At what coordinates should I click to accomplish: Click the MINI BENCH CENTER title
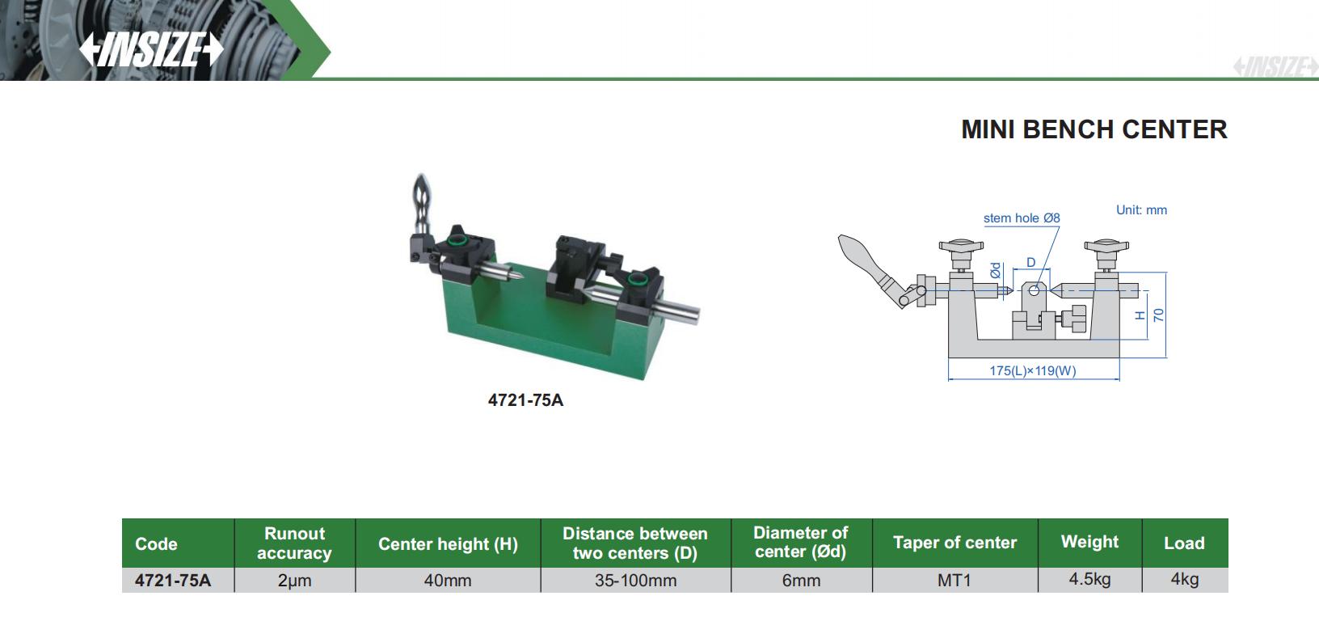[1094, 129]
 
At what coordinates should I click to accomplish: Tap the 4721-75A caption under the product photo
[525, 400]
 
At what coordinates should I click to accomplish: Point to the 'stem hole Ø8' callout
[1021, 218]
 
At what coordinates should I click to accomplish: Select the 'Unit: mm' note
[1141, 210]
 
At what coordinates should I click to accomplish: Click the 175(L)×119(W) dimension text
[1032, 371]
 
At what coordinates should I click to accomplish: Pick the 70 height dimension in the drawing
[1158, 315]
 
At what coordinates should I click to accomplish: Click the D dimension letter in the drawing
[1030, 263]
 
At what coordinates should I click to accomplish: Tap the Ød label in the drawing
[996, 270]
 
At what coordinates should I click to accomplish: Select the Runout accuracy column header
[294, 543]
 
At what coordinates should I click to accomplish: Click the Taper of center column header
[954, 543]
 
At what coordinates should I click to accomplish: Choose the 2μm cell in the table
[294, 581]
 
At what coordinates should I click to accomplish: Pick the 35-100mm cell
[635, 581]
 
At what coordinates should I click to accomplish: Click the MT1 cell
[954, 581]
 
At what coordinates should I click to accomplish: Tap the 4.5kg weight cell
[1089, 580]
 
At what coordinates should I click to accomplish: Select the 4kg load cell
[1184, 580]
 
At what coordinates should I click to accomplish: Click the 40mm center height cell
[448, 581]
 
